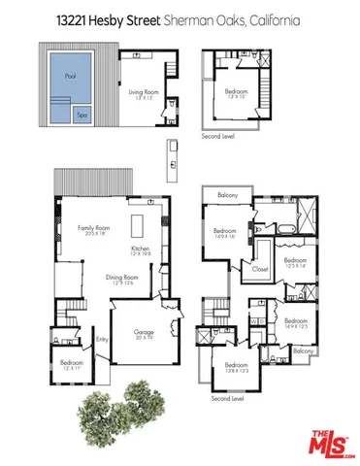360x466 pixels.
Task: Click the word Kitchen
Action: click(142, 248)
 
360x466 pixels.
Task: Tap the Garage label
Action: click(144, 331)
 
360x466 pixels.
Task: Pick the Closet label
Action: click(261, 269)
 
